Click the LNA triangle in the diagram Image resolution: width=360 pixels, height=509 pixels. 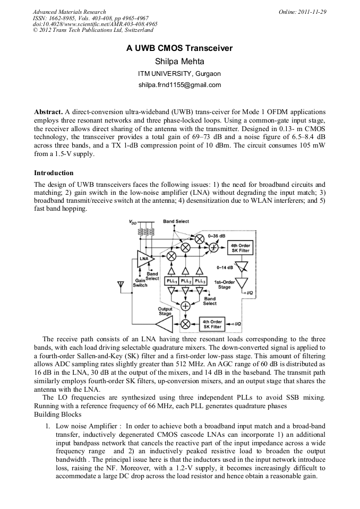coord(145,259)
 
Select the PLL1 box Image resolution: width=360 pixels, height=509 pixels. coord(172,281)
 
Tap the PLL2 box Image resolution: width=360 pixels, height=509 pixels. coord(185,281)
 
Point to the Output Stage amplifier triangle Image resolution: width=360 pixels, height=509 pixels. coord(164,323)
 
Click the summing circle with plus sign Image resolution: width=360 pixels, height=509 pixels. coord(185,306)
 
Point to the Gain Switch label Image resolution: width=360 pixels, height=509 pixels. coord(140,282)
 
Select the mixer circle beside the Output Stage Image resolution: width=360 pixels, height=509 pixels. coord(185,324)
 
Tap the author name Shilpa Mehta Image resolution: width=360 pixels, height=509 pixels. coord(179,61)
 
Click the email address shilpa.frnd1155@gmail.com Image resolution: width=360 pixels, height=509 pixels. coord(179,85)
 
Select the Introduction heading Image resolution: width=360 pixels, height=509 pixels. coord(54,173)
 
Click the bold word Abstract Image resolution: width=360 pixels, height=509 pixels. coord(48,112)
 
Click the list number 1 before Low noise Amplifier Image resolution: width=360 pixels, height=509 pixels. coord(47,426)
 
